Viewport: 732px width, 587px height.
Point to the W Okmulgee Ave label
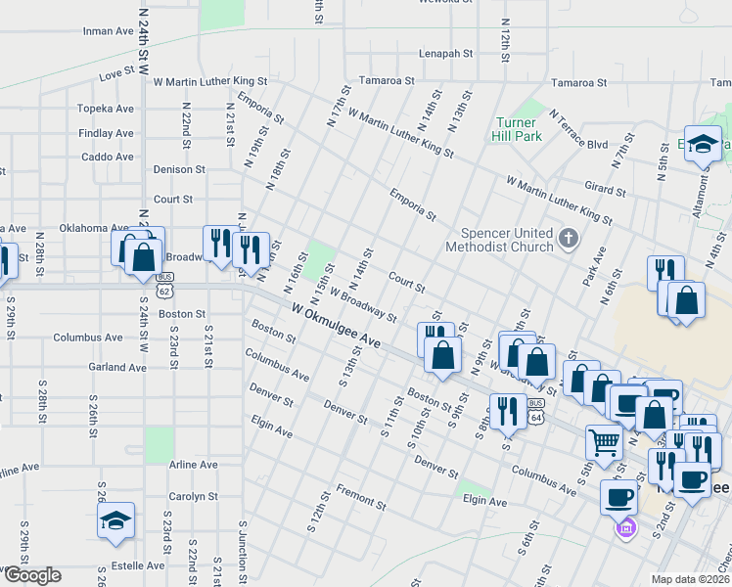336,325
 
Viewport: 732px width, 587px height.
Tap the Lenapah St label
446,54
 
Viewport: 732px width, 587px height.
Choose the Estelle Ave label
138,565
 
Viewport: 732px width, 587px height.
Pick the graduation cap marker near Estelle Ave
115,520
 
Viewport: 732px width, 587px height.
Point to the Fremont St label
359,496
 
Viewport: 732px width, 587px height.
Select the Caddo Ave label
108,157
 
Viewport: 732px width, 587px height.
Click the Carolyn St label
191,496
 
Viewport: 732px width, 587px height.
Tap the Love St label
115,72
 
